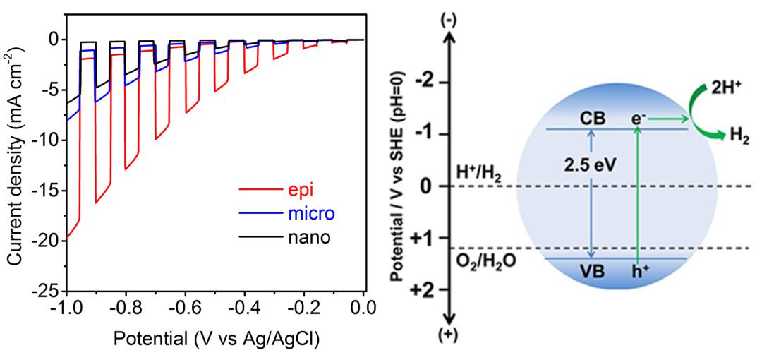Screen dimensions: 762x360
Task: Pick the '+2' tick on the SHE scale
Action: (424, 290)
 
